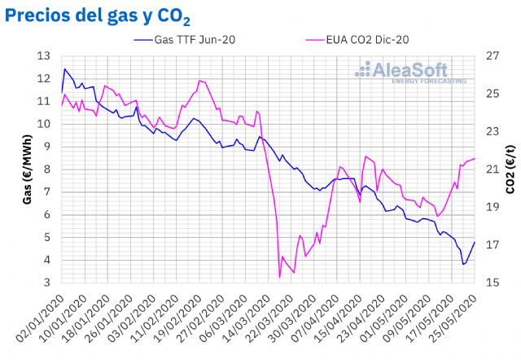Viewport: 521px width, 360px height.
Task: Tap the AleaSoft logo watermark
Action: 411,72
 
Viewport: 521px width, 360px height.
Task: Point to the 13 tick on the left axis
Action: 44,56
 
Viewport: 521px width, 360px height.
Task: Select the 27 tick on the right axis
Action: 492,56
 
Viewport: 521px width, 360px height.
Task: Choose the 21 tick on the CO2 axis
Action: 492,169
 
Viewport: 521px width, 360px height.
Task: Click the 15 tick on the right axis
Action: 492,283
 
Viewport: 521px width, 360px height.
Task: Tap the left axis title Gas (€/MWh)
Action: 27,169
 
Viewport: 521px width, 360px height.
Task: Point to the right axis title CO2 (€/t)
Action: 510,169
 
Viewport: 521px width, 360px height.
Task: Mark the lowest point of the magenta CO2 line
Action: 279,278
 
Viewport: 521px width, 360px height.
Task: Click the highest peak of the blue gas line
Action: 64,68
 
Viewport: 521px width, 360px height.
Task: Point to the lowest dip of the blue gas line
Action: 463,264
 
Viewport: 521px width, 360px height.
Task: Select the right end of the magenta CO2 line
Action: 475,158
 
